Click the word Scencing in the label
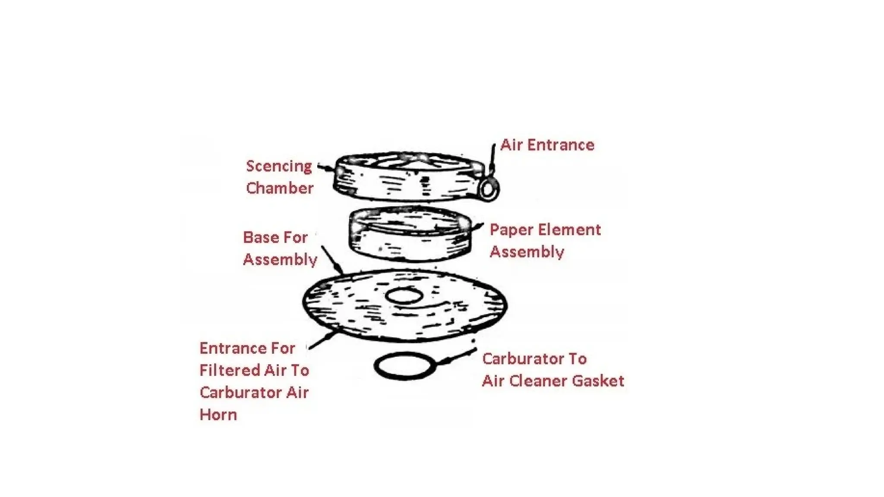[x=279, y=167]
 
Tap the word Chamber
[x=280, y=188]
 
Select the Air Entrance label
[x=547, y=145]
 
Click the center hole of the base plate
[x=404, y=296]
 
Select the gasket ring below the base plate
[x=404, y=366]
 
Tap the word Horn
[x=218, y=415]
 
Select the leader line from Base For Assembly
[x=332, y=260]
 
